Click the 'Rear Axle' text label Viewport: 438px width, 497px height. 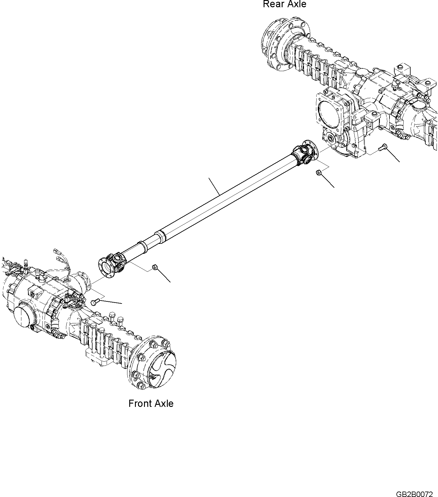pyautogui.click(x=284, y=4)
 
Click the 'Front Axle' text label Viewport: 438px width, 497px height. pyautogui.click(x=151, y=404)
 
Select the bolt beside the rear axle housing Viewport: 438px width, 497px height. pyautogui.click(x=382, y=147)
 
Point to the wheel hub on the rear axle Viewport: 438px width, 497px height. pyautogui.click(x=279, y=45)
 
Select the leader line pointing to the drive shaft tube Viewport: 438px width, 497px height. pyautogui.click(x=214, y=186)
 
